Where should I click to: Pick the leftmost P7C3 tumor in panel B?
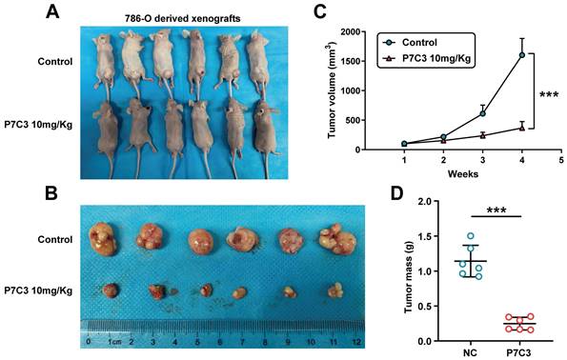point(111,290)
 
